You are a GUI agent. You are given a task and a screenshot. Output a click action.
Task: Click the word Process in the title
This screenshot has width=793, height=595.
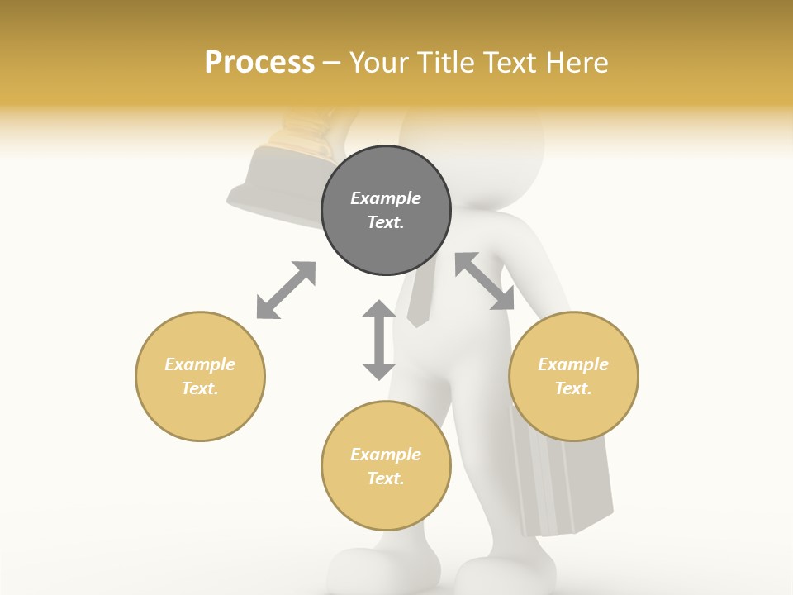pos(259,63)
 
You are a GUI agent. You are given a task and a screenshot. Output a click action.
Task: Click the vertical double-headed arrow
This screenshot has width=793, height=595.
pos(379,340)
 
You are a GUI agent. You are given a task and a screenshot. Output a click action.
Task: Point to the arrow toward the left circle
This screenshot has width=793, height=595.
pos(286,290)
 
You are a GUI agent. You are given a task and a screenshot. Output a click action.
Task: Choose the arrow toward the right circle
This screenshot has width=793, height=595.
pos(485,281)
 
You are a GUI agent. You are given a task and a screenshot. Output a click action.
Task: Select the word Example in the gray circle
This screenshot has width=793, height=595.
pos(386,198)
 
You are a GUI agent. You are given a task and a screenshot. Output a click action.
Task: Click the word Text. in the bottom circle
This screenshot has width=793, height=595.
pos(386,478)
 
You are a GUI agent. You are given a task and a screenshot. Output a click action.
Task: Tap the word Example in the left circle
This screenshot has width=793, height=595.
pos(200,364)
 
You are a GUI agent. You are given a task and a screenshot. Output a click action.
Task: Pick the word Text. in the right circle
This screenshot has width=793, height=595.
pos(573,388)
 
